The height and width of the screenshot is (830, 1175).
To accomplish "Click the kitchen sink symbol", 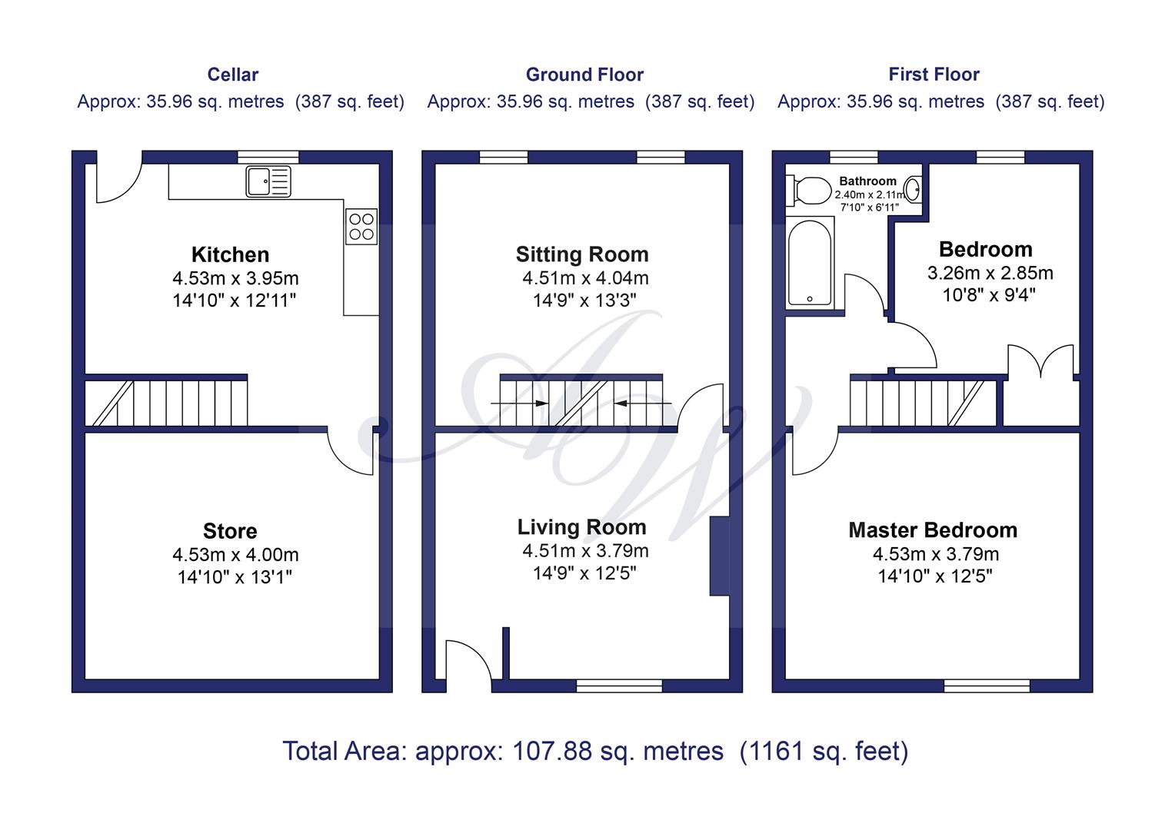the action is pos(268,182).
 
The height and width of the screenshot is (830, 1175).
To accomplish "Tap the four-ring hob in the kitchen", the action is pos(361,227).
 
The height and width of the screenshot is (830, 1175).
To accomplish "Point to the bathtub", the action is pos(810,263).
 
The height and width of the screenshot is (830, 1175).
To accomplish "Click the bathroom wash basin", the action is pos(914,189).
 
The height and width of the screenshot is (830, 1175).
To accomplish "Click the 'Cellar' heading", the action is pos(233,75).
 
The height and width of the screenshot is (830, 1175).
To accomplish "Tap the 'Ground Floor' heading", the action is pos(584,75).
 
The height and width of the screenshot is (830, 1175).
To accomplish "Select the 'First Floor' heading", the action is pos(934,75).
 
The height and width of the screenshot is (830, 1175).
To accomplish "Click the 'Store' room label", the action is pos(230,531).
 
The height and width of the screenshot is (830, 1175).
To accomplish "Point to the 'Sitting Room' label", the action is pos(582,255).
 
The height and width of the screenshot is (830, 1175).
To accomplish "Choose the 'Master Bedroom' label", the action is pos(934,530).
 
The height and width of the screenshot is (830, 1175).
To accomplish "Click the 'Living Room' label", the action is pos(581,527).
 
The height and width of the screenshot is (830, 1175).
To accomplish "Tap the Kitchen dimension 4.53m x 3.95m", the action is pos(235,278).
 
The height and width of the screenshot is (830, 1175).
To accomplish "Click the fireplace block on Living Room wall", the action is pos(719,556).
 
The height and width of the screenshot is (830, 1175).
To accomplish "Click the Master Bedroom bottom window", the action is pos(987,686).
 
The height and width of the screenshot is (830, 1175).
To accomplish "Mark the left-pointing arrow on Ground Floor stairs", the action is pos(642,403).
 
